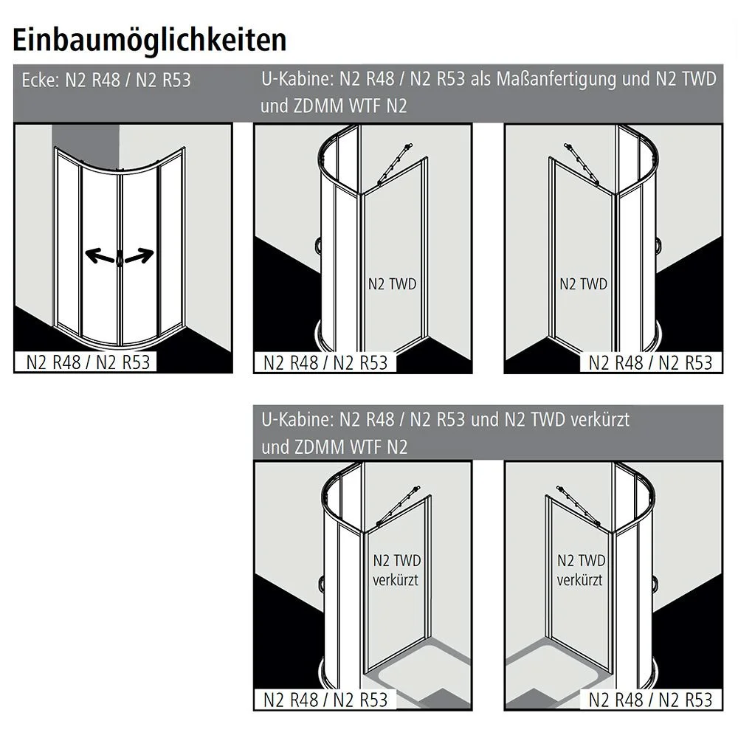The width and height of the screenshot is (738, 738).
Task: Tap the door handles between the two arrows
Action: coord(119,259)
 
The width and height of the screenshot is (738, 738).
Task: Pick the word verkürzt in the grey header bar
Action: coord(599,420)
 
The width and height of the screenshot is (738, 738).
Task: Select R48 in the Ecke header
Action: coord(108,80)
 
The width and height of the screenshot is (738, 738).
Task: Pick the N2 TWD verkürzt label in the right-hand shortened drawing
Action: coord(581,570)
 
